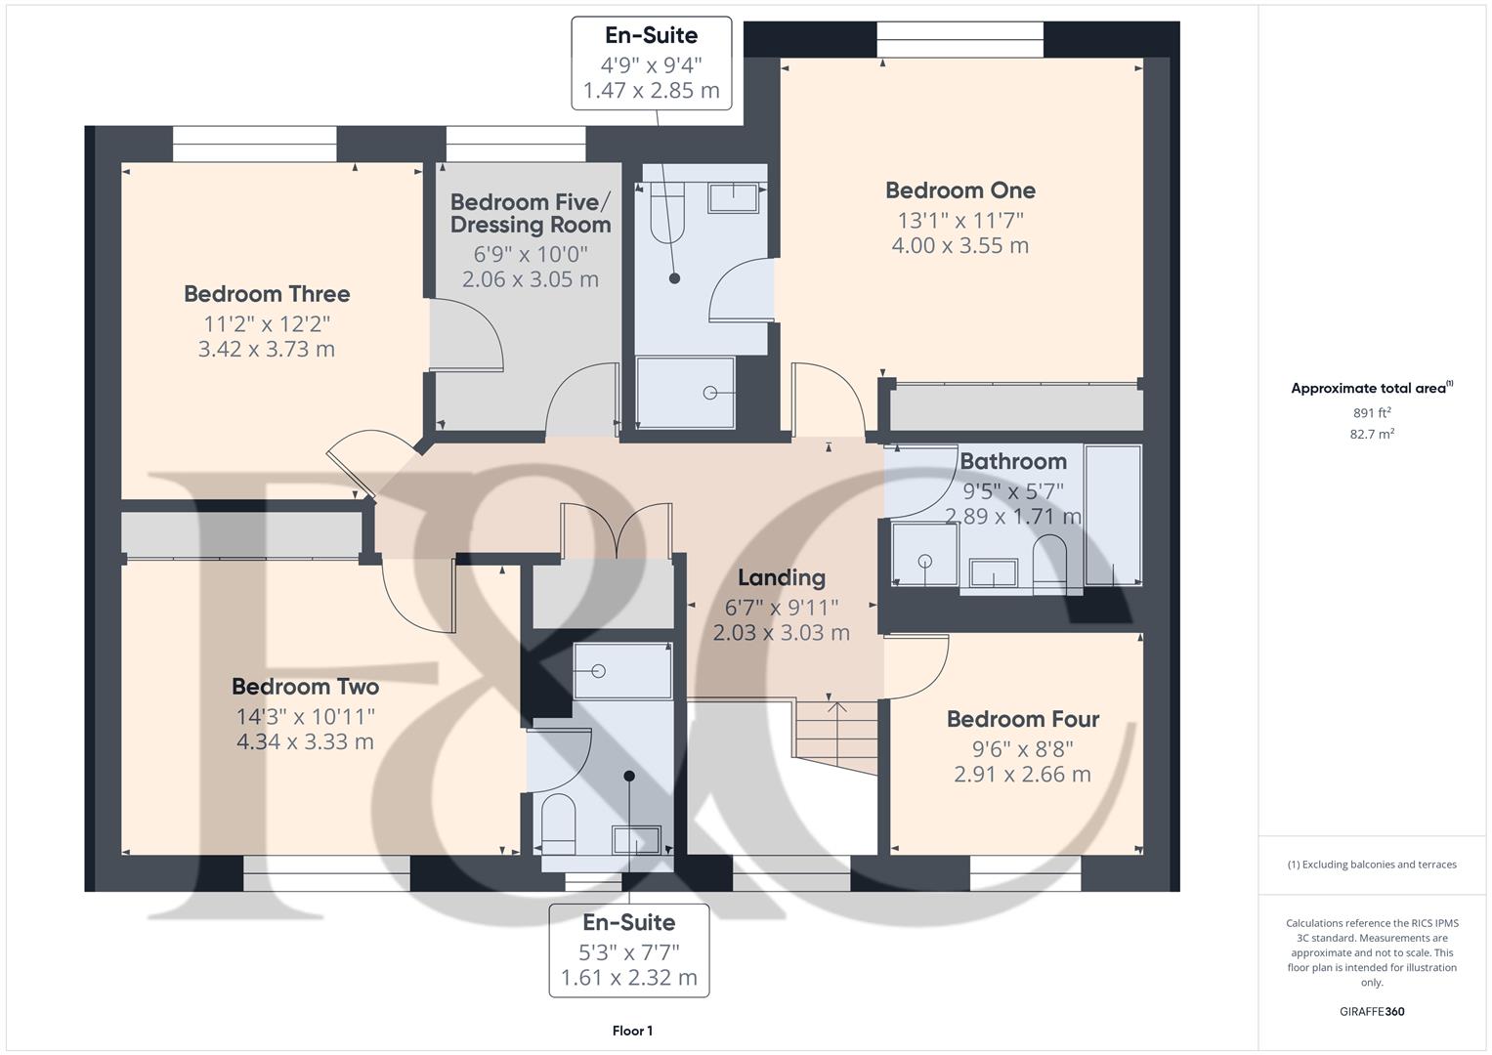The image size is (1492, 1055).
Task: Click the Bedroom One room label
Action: (959, 190)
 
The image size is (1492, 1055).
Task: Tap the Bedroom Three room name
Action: (267, 294)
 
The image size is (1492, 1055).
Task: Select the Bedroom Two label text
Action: (305, 687)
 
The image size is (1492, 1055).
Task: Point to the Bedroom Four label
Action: (1023, 720)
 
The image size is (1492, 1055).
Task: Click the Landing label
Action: (781, 578)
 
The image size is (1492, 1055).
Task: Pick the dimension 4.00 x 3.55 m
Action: (959, 246)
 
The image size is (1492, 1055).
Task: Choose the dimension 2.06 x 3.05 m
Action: (531, 279)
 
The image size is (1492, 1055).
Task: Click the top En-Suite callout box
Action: (652, 63)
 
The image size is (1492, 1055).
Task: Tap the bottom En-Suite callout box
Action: (629, 949)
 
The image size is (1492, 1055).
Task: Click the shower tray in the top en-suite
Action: (686, 393)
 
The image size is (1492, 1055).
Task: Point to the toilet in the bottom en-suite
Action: (558, 823)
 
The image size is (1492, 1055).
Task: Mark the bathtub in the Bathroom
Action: (1113, 515)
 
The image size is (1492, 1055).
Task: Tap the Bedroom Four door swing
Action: (919, 665)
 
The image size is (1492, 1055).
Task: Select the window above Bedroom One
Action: (959, 40)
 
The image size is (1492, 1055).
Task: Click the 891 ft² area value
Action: (1372, 412)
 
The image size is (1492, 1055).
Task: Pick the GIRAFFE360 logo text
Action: (1372, 1011)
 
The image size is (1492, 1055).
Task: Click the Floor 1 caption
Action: (632, 1031)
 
